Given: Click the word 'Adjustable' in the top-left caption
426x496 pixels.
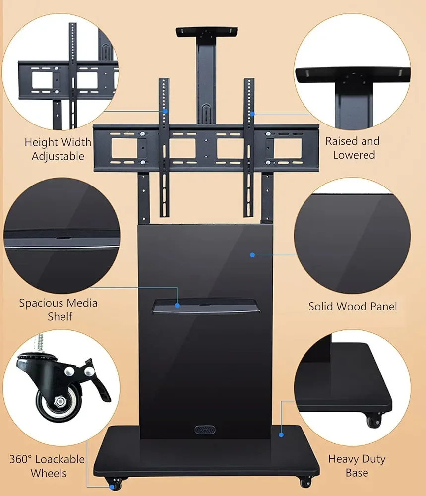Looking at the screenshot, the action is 58,156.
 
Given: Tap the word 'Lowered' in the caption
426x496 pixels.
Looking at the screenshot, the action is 354,155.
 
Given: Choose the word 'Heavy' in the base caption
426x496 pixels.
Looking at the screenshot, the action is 344,459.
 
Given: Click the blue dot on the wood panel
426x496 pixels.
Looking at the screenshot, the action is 252,255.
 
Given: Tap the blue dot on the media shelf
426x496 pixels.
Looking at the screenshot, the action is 177,305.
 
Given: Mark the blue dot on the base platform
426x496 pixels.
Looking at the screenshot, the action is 281,435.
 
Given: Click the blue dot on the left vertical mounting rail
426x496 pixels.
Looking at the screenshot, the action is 165,111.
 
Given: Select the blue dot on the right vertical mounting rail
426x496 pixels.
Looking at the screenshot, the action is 252,114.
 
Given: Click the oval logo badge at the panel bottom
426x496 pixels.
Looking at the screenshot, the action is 205,430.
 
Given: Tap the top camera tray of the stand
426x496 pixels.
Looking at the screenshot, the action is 207,32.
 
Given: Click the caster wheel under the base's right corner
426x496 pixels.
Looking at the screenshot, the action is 306,482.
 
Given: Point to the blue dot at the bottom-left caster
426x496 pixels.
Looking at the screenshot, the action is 112,487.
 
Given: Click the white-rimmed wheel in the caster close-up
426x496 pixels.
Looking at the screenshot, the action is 59,402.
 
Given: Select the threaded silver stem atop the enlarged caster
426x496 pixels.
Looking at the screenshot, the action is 41,344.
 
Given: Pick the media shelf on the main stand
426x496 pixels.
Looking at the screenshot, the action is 206,306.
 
